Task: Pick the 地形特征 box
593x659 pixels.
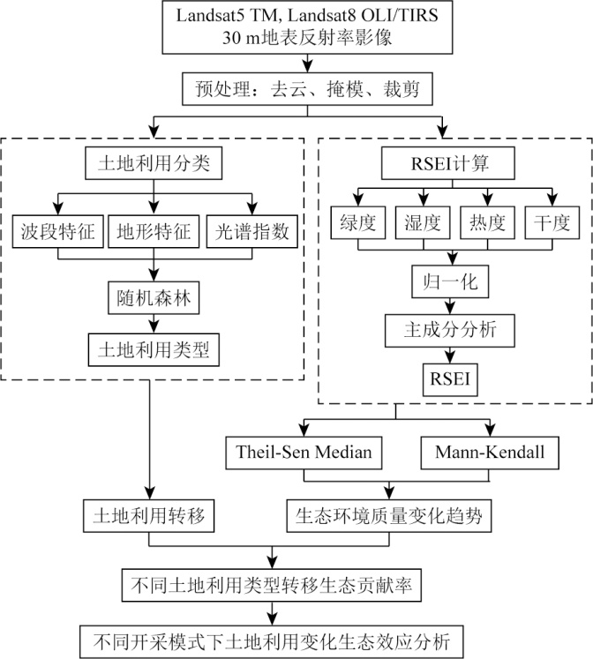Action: coord(155,234)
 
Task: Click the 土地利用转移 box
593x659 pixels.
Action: coord(149,515)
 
